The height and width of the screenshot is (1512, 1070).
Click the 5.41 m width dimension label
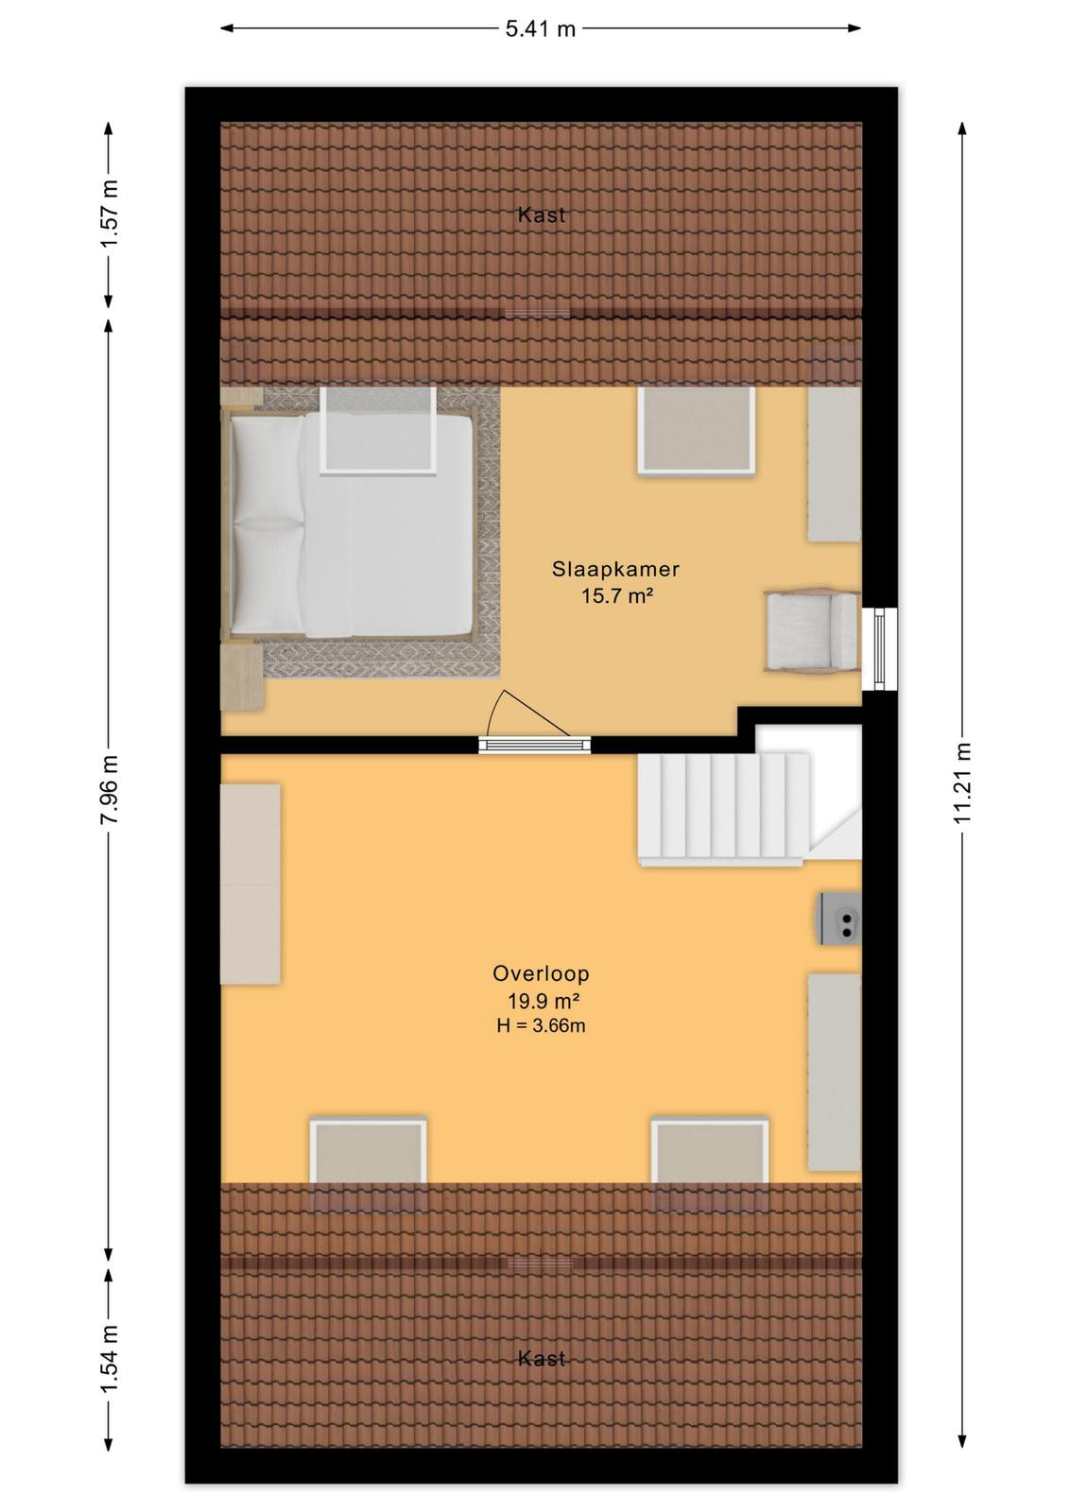coord(540,29)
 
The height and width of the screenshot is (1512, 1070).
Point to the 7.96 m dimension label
coord(110,789)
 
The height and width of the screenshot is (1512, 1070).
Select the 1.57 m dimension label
coord(110,214)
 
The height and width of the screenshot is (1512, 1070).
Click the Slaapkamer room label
coord(615,569)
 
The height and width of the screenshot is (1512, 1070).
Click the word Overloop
coord(541,973)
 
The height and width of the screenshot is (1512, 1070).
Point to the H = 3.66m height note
coord(541,1026)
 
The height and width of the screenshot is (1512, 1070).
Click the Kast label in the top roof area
coord(542,215)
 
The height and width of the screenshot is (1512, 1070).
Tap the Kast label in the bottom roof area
coord(542,1358)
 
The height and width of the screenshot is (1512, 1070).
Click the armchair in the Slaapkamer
coord(812,631)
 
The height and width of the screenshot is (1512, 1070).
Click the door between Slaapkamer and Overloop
coord(534,745)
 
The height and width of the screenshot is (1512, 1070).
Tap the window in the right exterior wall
coord(880,648)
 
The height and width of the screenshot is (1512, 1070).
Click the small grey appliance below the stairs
coord(839,918)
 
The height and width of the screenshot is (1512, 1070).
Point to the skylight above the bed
coord(378,430)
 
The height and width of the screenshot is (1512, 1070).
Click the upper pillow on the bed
coord(267,467)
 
